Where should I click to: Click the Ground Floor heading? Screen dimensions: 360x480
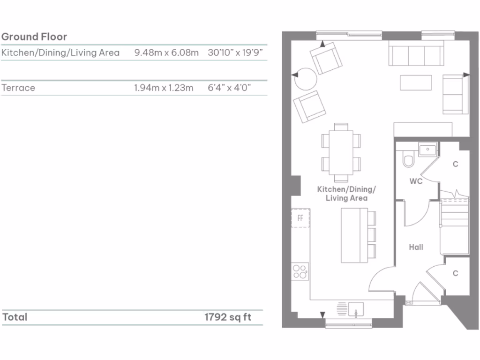coord(34,37)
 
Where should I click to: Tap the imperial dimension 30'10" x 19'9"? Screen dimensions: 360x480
coord(236,52)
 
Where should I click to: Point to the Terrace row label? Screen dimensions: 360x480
coord(18,88)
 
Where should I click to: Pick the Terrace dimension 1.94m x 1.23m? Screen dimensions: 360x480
coord(164,88)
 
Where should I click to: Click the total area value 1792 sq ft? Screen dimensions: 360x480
coord(228,317)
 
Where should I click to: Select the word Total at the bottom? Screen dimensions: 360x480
coord(15,317)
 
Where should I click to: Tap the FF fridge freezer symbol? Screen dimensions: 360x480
coord(300,218)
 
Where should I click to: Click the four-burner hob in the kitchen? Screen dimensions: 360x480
coord(300,271)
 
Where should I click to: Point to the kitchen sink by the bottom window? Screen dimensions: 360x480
coord(356,310)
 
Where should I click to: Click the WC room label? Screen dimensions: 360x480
coord(416,181)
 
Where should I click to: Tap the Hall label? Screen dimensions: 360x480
coord(416,247)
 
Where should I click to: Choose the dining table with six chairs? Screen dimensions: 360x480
coord(341,152)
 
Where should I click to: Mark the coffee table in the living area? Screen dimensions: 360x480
coord(416,82)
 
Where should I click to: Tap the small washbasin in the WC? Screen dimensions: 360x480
coord(427,150)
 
